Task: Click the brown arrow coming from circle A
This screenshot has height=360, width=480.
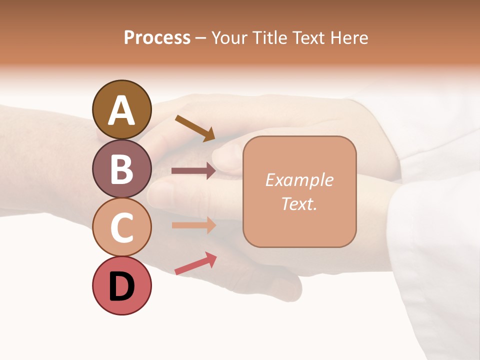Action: (x=195, y=128)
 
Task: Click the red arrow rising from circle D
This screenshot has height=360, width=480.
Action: (x=195, y=263)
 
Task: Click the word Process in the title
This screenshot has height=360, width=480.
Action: (x=157, y=38)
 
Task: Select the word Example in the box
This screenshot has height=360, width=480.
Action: (x=299, y=180)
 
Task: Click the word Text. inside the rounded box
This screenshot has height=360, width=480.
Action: (x=299, y=203)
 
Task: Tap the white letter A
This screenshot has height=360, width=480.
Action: (x=121, y=110)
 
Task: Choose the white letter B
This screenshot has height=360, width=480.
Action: (x=121, y=169)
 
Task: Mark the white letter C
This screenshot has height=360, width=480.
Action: (x=121, y=227)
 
